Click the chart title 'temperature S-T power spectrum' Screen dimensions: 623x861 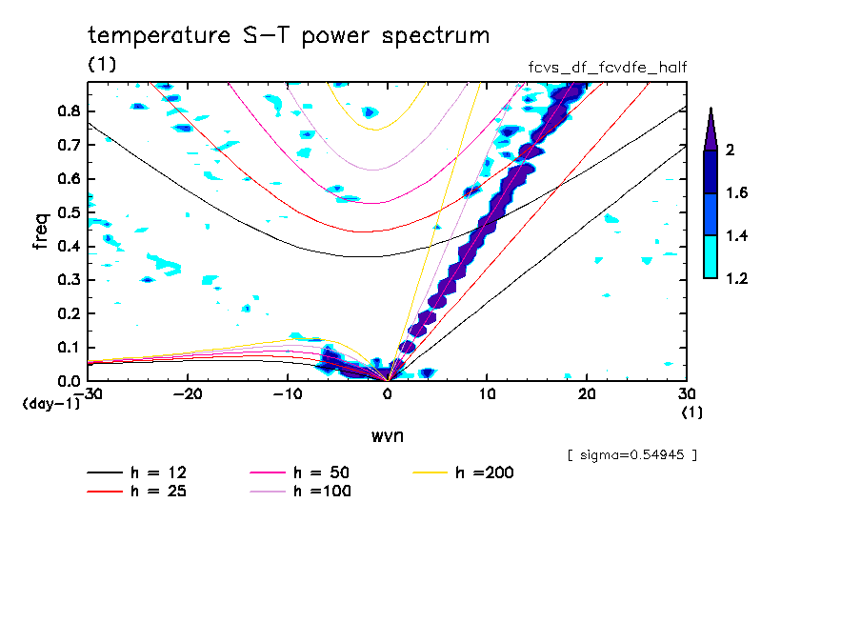(289, 36)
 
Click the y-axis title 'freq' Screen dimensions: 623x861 (40, 231)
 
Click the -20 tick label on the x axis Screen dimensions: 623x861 (188, 394)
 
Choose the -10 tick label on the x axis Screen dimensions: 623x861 (287, 394)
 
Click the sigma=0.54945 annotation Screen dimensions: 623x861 (631, 454)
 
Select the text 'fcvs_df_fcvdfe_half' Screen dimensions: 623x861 (608, 67)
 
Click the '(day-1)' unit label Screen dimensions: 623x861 (50, 404)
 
